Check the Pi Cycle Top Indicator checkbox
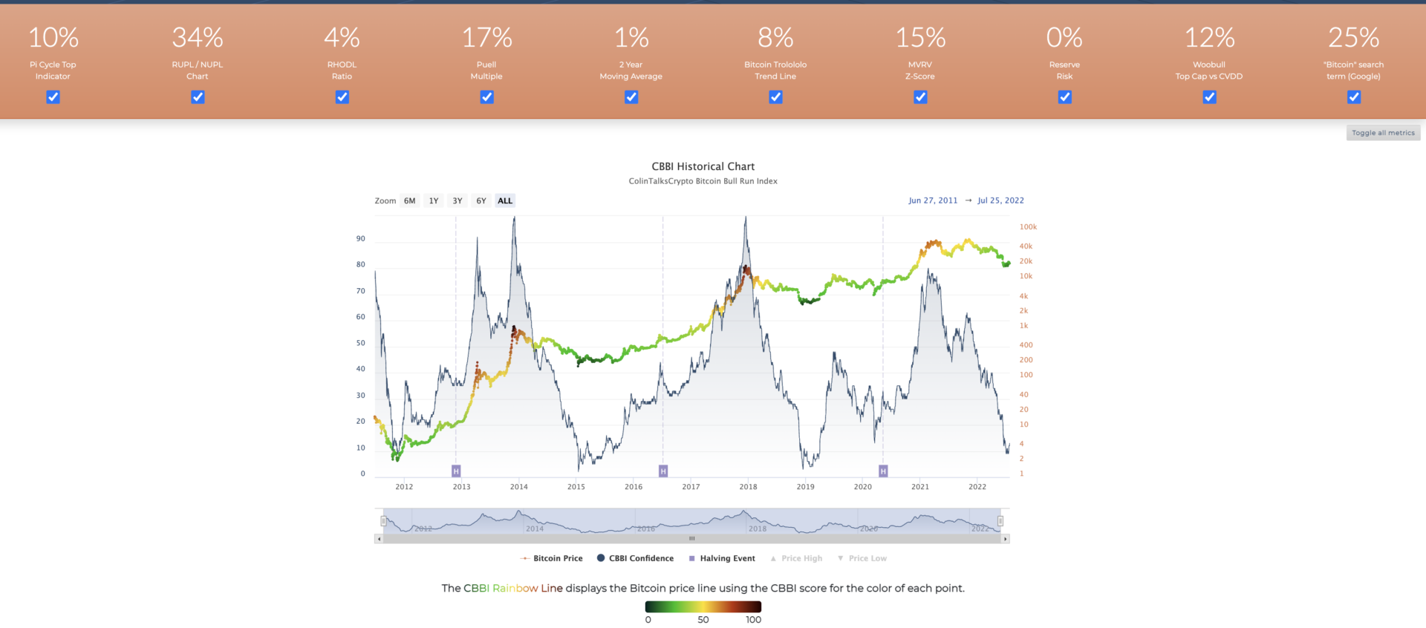[53, 97]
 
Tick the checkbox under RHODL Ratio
[342, 97]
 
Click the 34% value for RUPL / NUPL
[198, 38]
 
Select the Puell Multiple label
[486, 71]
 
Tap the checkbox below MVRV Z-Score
[920, 97]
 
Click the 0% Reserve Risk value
[1064, 38]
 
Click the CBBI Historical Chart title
[703, 167]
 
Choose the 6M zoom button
[409, 201]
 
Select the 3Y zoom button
[458, 201]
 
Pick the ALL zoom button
[505, 201]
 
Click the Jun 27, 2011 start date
[933, 201]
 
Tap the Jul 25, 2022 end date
[1000, 201]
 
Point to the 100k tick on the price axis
[1028, 227]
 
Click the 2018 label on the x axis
[748, 487]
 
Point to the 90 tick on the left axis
[361, 239]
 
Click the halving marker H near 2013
[456, 471]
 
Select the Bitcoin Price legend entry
[557, 559]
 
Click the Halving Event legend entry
[726, 559]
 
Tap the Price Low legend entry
[867, 559]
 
